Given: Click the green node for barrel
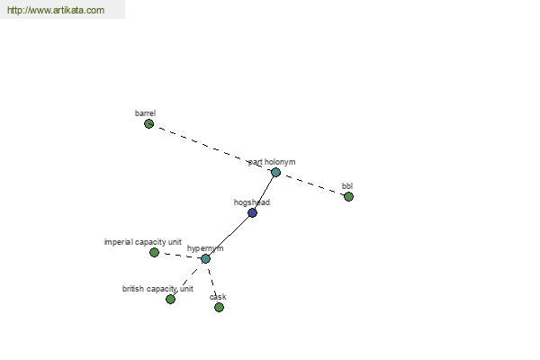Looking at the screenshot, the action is [148, 123].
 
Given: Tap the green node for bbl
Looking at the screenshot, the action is [348, 197].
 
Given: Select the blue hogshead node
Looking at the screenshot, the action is [252, 213].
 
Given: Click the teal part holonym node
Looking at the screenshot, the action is [275, 172].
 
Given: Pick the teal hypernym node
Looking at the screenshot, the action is [205, 258].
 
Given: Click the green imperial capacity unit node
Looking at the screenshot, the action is [154, 253].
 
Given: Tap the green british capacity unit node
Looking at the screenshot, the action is [170, 299].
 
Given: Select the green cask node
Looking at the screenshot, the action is [219, 307].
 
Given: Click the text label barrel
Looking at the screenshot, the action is [145, 113].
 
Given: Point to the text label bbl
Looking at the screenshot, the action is [347, 186].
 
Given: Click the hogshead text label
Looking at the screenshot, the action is [252, 202].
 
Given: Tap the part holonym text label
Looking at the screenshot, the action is [272, 162].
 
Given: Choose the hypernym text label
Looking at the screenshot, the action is [205, 248].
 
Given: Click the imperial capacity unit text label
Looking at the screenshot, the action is [142, 242].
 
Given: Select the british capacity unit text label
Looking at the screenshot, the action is [157, 289].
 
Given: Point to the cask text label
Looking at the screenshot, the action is [218, 297].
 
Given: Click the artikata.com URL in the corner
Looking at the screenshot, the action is [56, 10].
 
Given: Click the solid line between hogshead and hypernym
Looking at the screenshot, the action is [228, 235].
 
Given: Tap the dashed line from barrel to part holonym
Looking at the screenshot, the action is [212, 148].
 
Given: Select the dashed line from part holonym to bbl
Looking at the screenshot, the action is [312, 184].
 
